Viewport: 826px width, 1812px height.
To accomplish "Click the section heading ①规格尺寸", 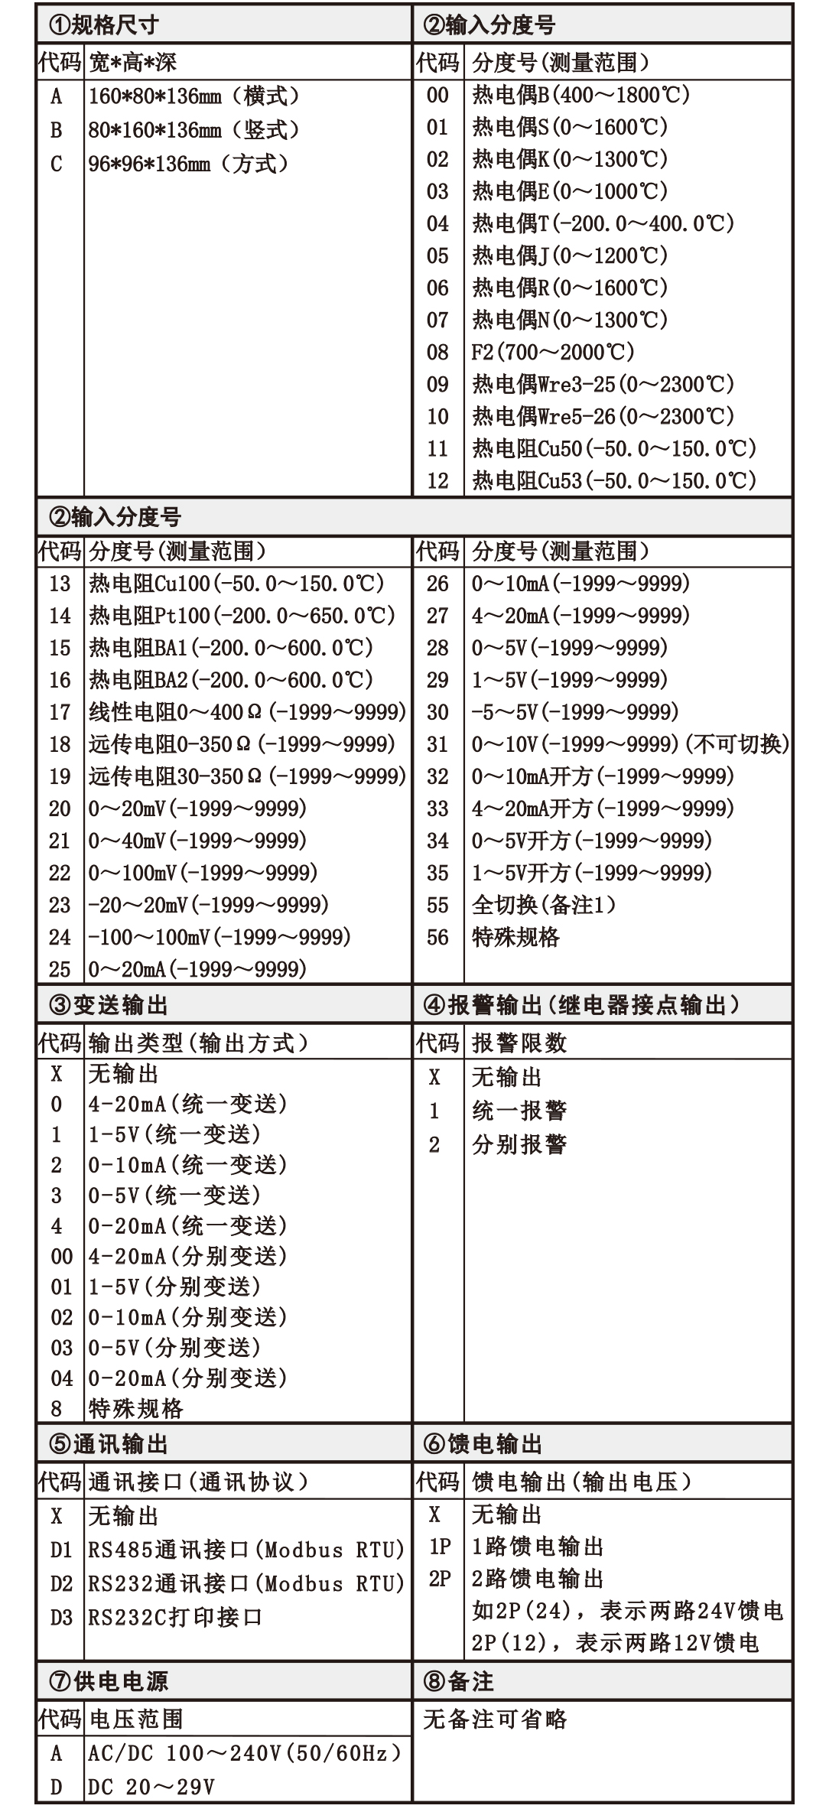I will tap(104, 25).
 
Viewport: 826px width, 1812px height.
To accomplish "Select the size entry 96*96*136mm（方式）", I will tap(188, 164).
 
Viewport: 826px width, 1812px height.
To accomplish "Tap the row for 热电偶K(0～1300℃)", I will tap(570, 159).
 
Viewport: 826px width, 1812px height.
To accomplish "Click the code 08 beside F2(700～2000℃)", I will tap(437, 352).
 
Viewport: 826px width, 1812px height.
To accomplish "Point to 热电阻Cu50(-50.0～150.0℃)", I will tap(613, 448).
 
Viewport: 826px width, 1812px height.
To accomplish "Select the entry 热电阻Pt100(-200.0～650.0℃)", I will tap(242, 616).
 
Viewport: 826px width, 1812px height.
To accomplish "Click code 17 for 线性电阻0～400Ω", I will tap(60, 712).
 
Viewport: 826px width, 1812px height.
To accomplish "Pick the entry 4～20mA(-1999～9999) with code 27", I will tap(580, 616).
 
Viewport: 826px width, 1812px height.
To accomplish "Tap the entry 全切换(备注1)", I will tap(544, 905).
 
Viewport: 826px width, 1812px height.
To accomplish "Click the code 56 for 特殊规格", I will tap(437, 937).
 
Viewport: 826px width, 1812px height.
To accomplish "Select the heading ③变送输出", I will tap(109, 1004).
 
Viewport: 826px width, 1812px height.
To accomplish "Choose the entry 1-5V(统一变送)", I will tap(174, 1134).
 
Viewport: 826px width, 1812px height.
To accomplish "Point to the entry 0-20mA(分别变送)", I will tap(187, 1378).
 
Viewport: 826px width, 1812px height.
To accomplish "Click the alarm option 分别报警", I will tap(519, 1144).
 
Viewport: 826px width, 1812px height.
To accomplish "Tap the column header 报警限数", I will tap(519, 1043).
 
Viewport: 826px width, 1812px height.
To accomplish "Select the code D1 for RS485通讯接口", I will tap(61, 1550).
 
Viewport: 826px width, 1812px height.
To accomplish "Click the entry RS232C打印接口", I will tap(175, 1617).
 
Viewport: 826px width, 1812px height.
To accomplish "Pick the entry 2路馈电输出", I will tap(538, 1578).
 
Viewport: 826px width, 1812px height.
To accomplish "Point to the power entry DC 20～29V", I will tap(151, 1787).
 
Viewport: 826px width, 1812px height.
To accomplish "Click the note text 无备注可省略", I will tap(495, 1719).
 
